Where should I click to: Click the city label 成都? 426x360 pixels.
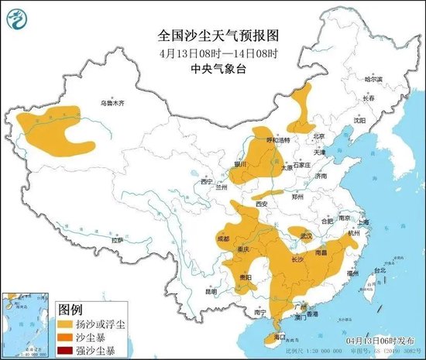[223, 240]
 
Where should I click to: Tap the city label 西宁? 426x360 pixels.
[206, 181]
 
